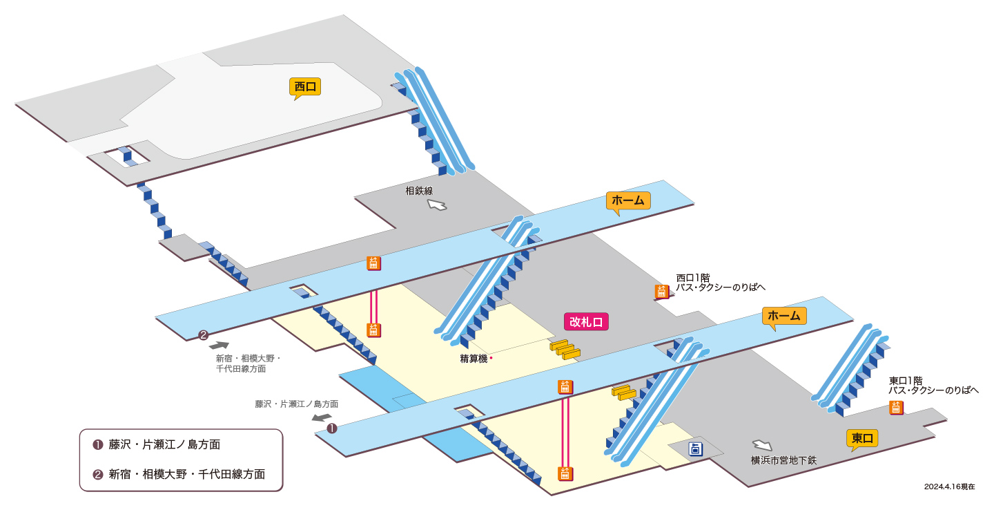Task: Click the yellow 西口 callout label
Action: pyautogui.click(x=305, y=87)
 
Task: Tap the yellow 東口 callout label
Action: pyautogui.click(x=862, y=439)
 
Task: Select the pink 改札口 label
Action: pyautogui.click(x=586, y=321)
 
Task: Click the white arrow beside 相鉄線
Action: pyautogui.click(x=437, y=205)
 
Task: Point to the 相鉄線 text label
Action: pyautogui.click(x=419, y=191)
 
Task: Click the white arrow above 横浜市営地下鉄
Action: pyautogui.click(x=762, y=445)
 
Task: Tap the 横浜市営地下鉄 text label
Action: pyautogui.click(x=783, y=460)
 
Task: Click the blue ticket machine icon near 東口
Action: pyautogui.click(x=695, y=449)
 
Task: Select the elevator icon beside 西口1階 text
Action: pyautogui.click(x=661, y=292)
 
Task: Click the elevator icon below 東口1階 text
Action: pyautogui.click(x=896, y=408)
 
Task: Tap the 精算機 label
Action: pyautogui.click(x=474, y=359)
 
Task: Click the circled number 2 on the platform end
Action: pyautogui.click(x=203, y=335)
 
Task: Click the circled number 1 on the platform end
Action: pyautogui.click(x=332, y=428)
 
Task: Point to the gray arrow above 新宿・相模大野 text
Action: pyautogui.click(x=220, y=346)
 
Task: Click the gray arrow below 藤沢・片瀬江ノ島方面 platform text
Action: pyautogui.click(x=322, y=417)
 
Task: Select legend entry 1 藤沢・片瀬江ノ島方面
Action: pyautogui.click(x=156, y=444)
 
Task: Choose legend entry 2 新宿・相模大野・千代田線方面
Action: pyautogui.click(x=179, y=474)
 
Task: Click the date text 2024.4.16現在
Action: pyautogui.click(x=950, y=487)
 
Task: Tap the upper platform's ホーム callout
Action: pyautogui.click(x=628, y=201)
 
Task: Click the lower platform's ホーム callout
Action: pyautogui.click(x=784, y=317)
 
